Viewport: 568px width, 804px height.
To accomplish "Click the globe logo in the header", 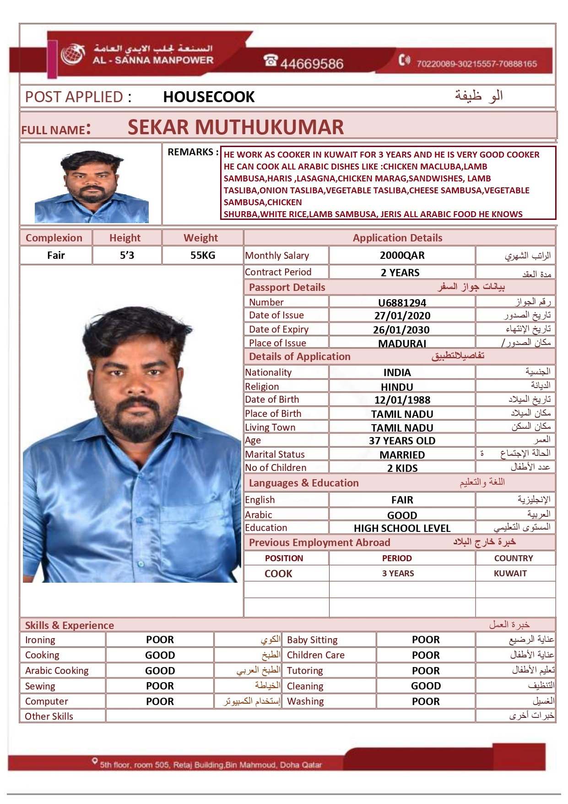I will click(x=73, y=55).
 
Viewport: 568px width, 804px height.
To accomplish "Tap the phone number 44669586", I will click(x=312, y=64).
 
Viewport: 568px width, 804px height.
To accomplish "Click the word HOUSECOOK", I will click(x=209, y=97).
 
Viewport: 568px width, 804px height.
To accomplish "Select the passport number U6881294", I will click(x=402, y=303).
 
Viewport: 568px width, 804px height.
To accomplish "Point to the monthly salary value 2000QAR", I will click(x=402, y=256).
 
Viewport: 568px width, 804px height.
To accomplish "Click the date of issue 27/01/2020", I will click(x=402, y=316).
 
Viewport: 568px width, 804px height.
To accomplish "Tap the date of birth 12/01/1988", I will click(x=402, y=400).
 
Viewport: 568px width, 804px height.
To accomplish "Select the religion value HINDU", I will click(x=397, y=387).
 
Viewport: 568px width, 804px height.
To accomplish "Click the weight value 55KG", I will click(x=202, y=256).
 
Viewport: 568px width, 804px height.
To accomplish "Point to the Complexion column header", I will click(x=54, y=238).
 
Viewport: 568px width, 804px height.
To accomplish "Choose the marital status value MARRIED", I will click(x=402, y=455).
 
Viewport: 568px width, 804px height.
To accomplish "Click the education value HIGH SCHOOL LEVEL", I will click(x=402, y=528).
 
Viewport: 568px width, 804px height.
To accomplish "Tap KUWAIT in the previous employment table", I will click(x=510, y=574).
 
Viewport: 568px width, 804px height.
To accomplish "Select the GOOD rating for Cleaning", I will click(x=426, y=686).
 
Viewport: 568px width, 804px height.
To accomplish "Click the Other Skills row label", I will click(x=49, y=716).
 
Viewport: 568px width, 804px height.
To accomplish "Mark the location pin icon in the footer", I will click(x=95, y=761).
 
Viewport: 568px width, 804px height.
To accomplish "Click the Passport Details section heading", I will click(x=287, y=288).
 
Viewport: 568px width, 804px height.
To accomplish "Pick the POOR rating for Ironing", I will click(x=160, y=640).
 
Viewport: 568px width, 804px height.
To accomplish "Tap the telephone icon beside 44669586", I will click(x=271, y=60).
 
